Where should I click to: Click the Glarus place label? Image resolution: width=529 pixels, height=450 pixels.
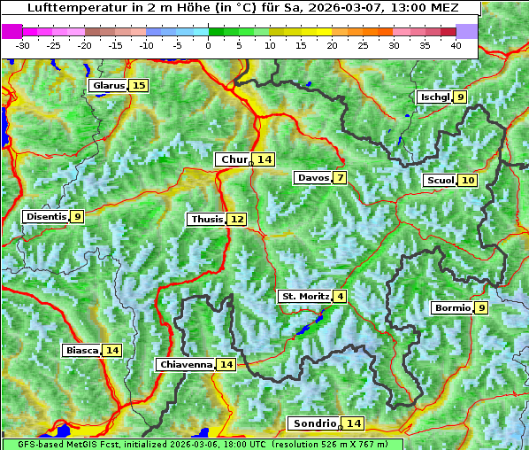[107, 85]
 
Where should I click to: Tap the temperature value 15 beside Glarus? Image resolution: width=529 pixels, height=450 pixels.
[138, 85]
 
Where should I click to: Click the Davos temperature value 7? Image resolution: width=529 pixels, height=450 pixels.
[340, 177]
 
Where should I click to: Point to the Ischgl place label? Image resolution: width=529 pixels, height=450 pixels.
[433, 97]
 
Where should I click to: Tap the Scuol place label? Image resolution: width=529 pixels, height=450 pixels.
[440, 180]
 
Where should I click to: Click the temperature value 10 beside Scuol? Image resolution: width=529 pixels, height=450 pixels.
[468, 180]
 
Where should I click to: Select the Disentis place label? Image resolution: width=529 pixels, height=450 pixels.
[45, 216]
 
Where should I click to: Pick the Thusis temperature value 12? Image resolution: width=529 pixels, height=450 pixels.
[236, 219]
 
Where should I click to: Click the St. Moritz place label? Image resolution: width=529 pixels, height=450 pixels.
[304, 296]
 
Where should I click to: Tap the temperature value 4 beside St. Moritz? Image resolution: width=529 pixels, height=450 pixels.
[340, 296]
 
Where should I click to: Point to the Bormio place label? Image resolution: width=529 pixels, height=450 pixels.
[451, 308]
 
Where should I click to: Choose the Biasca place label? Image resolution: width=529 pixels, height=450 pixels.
[81, 350]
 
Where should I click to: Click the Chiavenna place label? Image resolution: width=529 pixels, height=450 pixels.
[185, 364]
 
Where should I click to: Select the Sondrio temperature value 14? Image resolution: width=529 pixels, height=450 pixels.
[354, 423]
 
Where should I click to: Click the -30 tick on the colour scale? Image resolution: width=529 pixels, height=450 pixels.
[23, 45]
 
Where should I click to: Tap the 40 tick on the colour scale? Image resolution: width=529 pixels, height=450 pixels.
[456, 45]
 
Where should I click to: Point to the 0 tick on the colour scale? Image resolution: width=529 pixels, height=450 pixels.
[208, 45]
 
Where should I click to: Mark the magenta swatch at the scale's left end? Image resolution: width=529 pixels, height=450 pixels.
[12, 31]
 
